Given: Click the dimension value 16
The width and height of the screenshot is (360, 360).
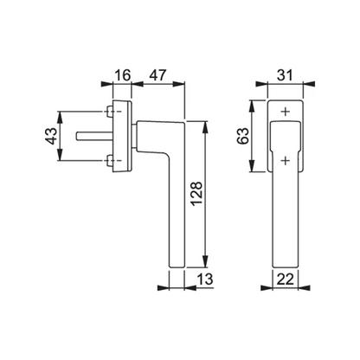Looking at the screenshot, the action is point(123,75).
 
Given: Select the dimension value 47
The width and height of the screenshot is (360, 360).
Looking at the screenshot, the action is point(157,75).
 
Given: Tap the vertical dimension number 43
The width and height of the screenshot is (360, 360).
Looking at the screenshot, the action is point(51,136).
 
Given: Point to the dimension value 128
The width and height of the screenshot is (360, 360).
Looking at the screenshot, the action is point(197,193).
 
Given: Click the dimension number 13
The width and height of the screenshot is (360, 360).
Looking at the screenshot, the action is point(205,280).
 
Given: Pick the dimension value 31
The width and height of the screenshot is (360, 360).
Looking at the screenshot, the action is point(285,75).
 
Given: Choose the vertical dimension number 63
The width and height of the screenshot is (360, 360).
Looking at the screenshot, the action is point(242,136).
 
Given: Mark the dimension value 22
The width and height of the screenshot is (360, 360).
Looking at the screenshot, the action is point(285,280).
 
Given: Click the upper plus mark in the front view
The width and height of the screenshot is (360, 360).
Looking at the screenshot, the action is point(286,112).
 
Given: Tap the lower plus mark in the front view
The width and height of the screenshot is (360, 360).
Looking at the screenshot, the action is point(286,160).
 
